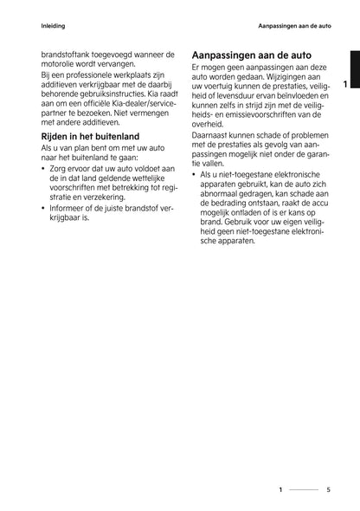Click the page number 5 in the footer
tap(328, 489)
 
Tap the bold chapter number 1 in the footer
tap(280, 489)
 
